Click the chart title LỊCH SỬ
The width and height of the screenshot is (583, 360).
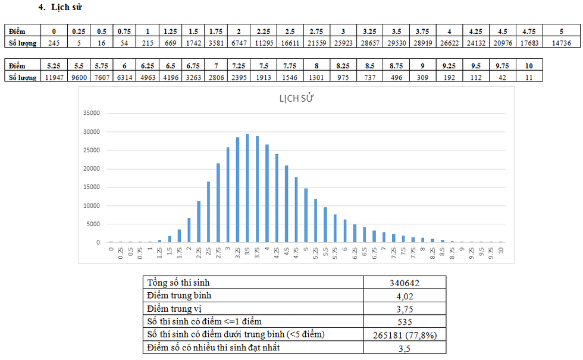pos(296,99)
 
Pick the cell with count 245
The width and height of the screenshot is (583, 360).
pos(54,43)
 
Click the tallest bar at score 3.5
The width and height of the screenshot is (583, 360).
pos(247,188)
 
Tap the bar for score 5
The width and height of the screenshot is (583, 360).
pos(306,215)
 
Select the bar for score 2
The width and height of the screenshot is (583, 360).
pos(189,230)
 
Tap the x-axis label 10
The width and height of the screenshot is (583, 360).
pos(501,251)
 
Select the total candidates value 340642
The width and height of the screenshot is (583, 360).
pos(405,283)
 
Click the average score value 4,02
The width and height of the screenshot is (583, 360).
pos(405,296)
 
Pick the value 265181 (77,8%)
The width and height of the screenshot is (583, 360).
pos(405,336)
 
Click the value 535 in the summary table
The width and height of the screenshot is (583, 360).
pos(405,322)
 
